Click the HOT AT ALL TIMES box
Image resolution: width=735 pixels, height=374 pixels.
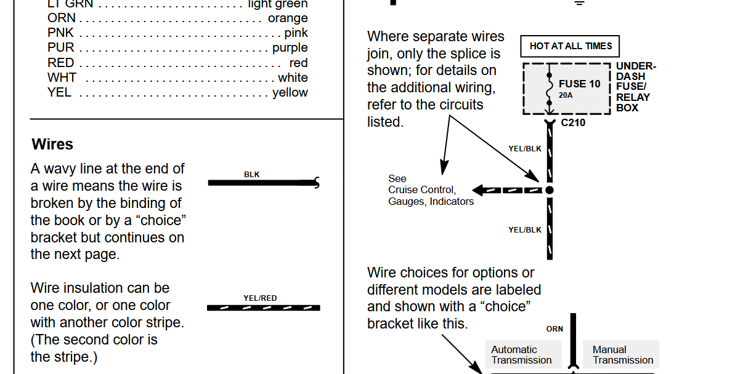tap(569, 46)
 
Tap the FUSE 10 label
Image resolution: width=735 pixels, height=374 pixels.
tap(579, 84)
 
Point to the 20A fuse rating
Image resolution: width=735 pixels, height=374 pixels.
tap(566, 95)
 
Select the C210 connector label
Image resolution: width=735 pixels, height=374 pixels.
tap(573, 122)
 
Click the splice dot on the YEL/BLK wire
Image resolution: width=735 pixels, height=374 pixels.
tap(550, 190)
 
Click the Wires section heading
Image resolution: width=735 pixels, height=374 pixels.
tap(52, 144)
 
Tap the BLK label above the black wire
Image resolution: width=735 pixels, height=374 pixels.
tap(252, 175)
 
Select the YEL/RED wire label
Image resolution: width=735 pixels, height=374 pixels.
tap(260, 298)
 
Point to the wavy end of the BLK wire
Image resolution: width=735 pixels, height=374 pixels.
tap(317, 183)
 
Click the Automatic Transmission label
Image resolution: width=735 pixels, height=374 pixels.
tap(521, 355)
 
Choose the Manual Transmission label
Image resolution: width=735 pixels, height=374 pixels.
tap(622, 355)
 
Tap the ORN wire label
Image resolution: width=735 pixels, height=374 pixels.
tap(554, 329)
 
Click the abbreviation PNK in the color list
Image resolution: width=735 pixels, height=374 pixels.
tap(60, 33)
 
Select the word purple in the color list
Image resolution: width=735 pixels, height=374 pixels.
tap(290, 48)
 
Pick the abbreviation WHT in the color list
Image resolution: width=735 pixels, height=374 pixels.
tap(62, 78)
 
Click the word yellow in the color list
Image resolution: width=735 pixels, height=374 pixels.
tap(290, 93)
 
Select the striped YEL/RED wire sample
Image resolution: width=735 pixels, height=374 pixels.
tap(264, 308)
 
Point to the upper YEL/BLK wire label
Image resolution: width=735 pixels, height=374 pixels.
tap(525, 149)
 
